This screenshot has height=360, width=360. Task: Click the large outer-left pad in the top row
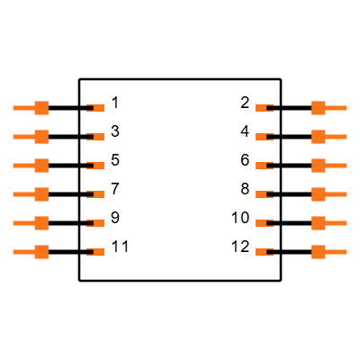coord(40,108)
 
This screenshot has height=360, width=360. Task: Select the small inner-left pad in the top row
coord(98,108)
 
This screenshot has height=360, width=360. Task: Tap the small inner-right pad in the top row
coord(261,108)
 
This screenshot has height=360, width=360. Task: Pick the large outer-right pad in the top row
coord(319,108)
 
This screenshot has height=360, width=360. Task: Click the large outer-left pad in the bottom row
coord(40,252)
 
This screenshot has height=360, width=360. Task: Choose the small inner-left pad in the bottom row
coord(98,252)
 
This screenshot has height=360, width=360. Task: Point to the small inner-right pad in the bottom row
coord(261,252)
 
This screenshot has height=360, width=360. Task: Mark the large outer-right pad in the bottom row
coord(319,252)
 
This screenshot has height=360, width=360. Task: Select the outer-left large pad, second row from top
coord(40,137)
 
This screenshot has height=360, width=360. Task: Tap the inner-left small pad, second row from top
coord(98,137)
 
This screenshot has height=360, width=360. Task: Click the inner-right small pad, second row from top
coord(261,137)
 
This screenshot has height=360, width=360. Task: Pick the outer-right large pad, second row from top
coord(319,137)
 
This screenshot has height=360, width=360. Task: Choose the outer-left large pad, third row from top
coord(40,166)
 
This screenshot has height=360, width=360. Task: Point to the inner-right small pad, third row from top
coord(261,166)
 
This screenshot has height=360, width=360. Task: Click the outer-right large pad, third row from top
coord(319,166)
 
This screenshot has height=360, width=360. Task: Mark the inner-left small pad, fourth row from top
coord(98,194)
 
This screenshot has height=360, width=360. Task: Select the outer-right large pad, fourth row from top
coord(319,194)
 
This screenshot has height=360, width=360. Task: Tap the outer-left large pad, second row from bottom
coord(40,223)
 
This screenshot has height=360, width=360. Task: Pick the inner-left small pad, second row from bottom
coord(98,223)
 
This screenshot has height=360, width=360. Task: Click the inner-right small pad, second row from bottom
coord(261,223)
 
